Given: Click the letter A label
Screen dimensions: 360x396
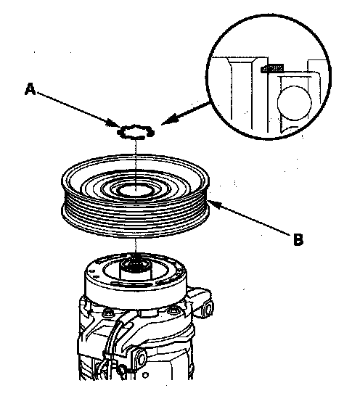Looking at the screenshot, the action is tap(30, 89).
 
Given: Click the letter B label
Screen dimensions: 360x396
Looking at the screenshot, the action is tap(298, 239).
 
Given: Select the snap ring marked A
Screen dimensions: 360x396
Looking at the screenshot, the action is tap(136, 132).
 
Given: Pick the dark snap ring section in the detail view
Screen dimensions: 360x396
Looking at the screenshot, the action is tap(272, 68).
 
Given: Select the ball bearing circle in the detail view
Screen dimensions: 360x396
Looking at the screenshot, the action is tap(295, 103).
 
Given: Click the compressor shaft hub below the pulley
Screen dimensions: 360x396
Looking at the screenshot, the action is tap(136, 269).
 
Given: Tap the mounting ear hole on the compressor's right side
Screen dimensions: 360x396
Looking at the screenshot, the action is tap(208, 309).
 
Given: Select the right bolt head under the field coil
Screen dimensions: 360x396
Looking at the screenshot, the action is tap(173, 310).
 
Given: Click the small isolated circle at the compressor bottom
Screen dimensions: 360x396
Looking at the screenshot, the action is tap(145, 375).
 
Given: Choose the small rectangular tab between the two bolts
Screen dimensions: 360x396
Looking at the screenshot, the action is tap(147, 313).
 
